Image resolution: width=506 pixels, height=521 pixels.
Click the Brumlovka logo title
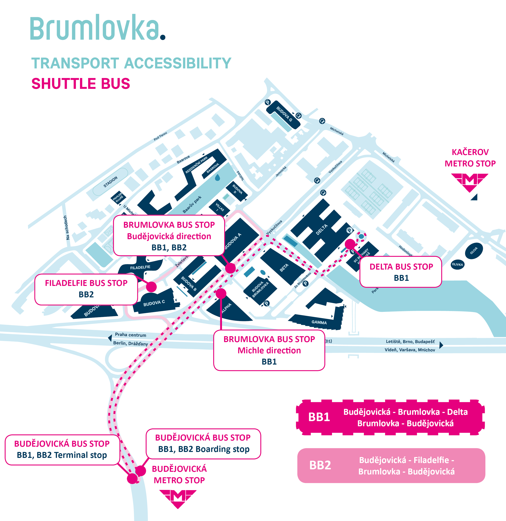[98, 28]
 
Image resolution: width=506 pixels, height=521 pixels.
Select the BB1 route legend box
[390, 417]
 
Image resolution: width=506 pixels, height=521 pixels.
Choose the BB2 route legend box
[391, 465]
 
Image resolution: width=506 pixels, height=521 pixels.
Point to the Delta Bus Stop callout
[401, 272]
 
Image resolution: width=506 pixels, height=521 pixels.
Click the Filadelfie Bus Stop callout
[86, 289]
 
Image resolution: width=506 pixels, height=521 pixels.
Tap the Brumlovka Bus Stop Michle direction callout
[269, 350]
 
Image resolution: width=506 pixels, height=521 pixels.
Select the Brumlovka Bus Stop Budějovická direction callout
[169, 236]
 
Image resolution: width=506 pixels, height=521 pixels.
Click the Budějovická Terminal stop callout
[62, 450]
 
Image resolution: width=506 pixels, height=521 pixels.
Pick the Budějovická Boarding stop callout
[203, 443]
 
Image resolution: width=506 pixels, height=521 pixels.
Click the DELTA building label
[322, 230]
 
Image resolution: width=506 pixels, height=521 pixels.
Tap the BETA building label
[284, 268]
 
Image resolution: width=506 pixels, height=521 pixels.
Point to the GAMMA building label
[319, 322]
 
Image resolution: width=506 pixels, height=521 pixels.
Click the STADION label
[110, 182]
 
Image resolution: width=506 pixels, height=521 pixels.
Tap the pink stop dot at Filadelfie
[151, 287]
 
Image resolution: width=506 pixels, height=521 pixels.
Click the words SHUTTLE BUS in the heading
[81, 84]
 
